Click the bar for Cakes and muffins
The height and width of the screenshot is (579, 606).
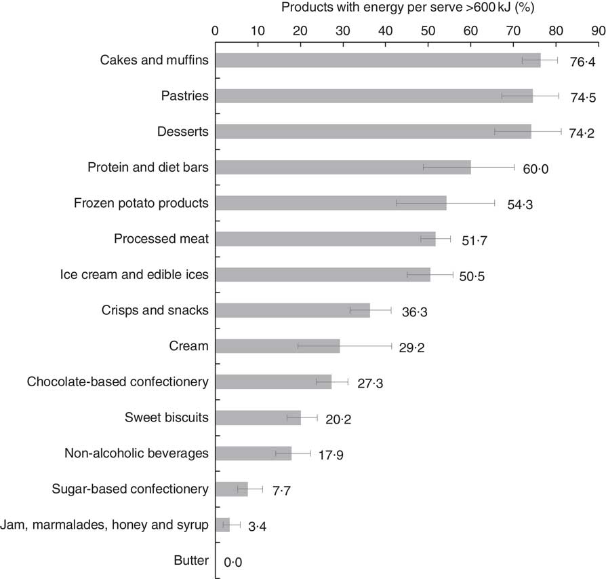tap(378, 60)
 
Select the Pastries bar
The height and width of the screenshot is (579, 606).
tap(373, 96)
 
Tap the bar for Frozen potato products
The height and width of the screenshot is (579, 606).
tap(331, 203)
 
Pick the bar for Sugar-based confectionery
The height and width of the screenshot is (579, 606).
tap(231, 489)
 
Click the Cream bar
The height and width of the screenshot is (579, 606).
tap(277, 346)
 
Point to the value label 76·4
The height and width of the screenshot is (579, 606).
tap(582, 62)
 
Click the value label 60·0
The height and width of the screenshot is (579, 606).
tap(535, 168)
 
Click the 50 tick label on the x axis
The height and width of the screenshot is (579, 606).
tap(428, 30)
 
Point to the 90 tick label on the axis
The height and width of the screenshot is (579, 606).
tap(598, 30)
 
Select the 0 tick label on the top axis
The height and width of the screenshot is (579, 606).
tap(215, 30)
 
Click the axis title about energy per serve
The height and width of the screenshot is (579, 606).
tap(407, 8)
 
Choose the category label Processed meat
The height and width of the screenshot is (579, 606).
tap(161, 238)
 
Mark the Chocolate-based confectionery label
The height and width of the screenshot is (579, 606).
tap(117, 381)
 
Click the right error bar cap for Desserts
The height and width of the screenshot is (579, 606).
tap(561, 132)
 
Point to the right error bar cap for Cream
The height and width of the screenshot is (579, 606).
tap(391, 346)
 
